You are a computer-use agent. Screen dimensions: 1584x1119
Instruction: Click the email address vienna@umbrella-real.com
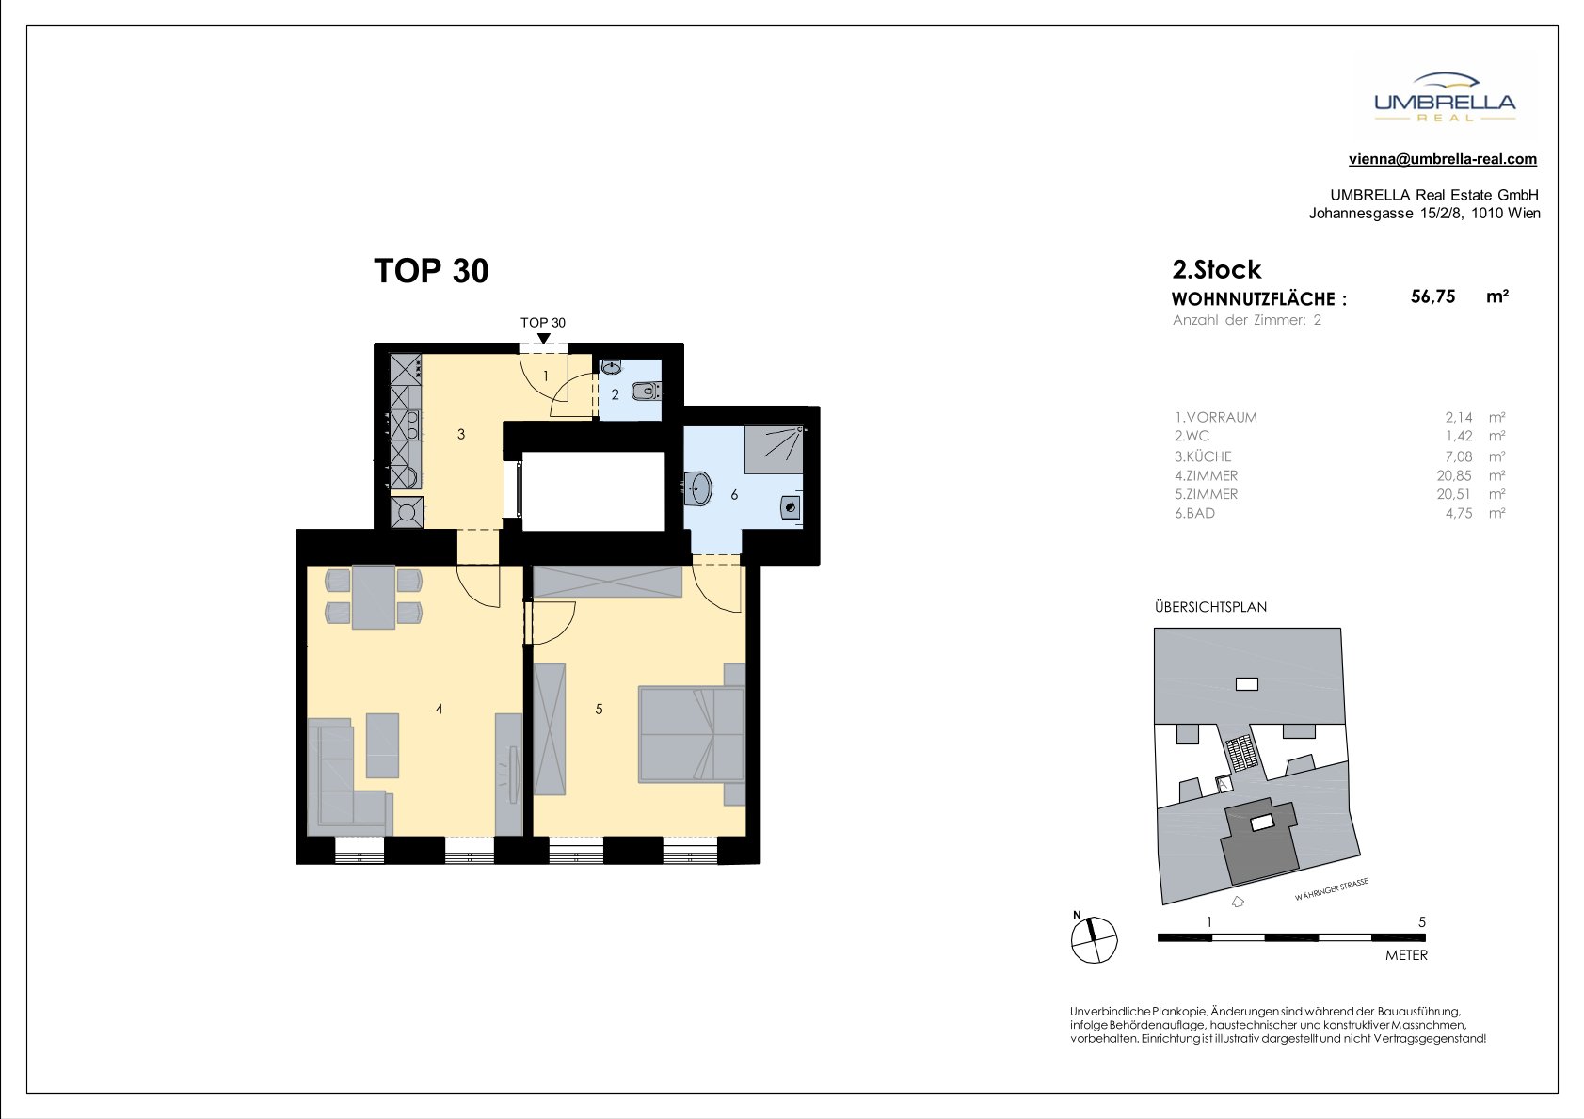[1443, 159]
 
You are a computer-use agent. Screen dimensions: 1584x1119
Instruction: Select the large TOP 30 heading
[431, 271]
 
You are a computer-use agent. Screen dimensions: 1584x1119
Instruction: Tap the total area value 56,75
[1432, 296]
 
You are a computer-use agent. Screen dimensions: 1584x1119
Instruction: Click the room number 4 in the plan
[440, 709]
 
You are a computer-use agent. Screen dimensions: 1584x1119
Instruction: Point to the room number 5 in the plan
[599, 709]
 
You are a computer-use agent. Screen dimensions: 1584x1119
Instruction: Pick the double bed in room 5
[692, 734]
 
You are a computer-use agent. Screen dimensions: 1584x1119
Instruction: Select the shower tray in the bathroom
[774, 450]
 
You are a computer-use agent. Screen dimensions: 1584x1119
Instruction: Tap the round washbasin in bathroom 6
[698, 488]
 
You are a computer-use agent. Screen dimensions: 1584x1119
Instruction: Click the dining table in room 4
[374, 597]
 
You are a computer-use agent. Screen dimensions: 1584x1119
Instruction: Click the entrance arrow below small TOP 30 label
[543, 339]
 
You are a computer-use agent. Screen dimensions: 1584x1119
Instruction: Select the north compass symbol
[1094, 938]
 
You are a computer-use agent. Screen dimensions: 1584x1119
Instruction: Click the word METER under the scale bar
[1406, 955]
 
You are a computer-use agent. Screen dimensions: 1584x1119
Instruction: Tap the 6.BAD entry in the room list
[1195, 513]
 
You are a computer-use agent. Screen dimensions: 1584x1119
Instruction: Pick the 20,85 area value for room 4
[1455, 475]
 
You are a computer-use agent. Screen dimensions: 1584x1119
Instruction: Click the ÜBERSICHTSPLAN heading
[1210, 607]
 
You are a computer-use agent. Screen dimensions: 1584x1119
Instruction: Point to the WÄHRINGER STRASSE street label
[1332, 890]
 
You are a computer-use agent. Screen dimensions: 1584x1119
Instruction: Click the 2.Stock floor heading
[1216, 269]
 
